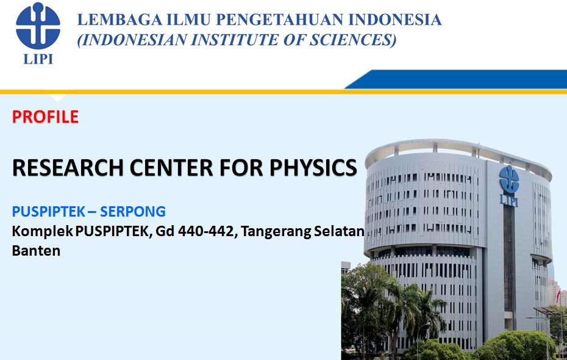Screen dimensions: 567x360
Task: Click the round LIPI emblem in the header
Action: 38,26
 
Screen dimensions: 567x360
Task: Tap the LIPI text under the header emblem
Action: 38,59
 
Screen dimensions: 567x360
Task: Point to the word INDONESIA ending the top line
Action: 395,20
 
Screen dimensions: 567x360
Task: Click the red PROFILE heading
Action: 45,117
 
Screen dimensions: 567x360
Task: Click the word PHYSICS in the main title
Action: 313,168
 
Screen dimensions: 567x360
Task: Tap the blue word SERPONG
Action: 133,211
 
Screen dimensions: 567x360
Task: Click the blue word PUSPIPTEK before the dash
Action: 48,211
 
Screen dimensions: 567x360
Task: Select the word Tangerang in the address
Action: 276,231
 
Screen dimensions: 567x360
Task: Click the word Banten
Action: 36,250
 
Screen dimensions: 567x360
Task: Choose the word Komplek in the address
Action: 42,231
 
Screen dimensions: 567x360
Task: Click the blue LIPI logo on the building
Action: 509,185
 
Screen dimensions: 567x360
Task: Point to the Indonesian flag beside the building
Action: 558,295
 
